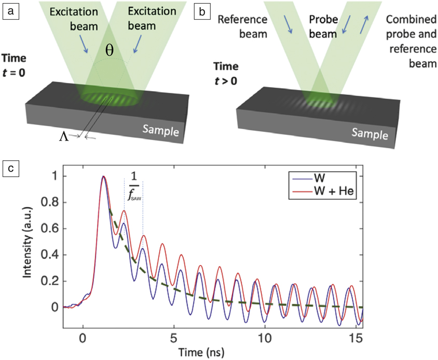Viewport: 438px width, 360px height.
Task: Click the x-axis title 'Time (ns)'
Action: coord(212,353)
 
